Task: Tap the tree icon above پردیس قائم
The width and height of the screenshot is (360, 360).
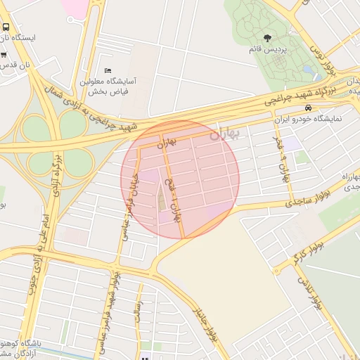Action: [266, 37]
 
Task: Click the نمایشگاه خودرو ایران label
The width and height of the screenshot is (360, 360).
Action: [309, 118]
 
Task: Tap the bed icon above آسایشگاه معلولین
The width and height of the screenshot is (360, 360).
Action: [108, 70]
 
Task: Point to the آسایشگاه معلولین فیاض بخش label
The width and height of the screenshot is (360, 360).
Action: [111, 86]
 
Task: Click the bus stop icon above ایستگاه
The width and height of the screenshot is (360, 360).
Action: [5, 26]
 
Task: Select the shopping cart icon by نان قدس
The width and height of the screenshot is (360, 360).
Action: [4, 54]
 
